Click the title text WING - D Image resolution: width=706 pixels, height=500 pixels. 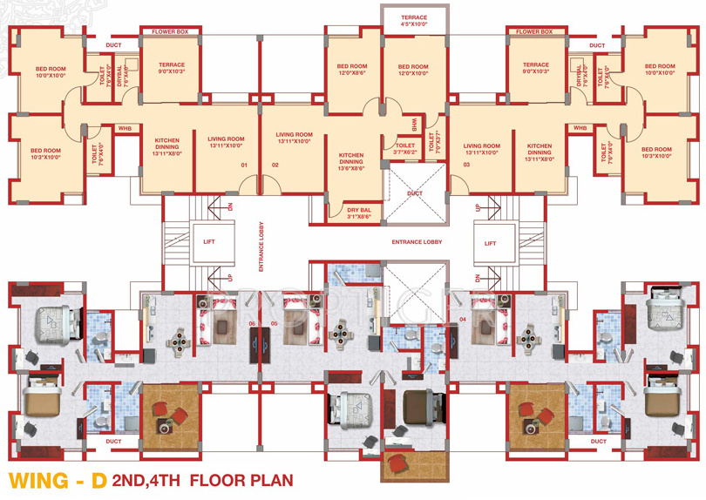pyautogui.click(x=58, y=480)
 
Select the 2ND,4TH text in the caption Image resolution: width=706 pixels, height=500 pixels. pyautogui.click(x=149, y=480)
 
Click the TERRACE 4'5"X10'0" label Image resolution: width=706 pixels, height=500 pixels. pyautogui.click(x=414, y=21)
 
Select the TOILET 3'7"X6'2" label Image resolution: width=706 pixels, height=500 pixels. pyautogui.click(x=405, y=149)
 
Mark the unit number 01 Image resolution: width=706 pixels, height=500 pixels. pyautogui.click(x=245, y=165)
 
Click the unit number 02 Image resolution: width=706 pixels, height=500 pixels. pyautogui.click(x=275, y=165)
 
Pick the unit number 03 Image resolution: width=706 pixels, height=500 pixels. pyautogui.click(x=466, y=165)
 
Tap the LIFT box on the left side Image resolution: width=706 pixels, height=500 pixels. pyautogui.click(x=209, y=243)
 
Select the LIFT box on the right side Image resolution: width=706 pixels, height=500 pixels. pyautogui.click(x=490, y=243)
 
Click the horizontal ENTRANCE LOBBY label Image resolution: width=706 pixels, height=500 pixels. pyautogui.click(x=417, y=241)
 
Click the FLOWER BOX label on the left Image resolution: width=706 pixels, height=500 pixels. pyautogui.click(x=171, y=32)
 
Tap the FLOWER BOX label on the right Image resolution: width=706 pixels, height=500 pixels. pyautogui.click(x=534, y=32)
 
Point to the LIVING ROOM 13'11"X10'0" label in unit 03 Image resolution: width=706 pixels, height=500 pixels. pyautogui.click(x=481, y=149)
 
